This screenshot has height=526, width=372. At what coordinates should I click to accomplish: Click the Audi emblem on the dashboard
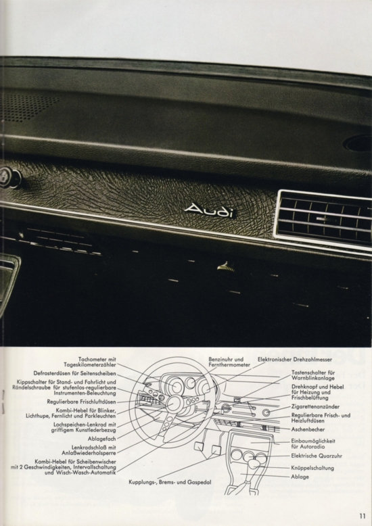[209, 211]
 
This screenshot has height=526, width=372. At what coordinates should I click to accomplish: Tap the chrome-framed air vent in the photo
[323, 219]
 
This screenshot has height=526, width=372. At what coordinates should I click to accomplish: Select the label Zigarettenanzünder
[315, 406]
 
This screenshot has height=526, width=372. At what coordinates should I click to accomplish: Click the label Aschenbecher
[308, 429]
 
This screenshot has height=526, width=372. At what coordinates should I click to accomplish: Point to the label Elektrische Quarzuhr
[317, 456]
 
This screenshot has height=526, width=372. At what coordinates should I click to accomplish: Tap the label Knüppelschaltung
[312, 468]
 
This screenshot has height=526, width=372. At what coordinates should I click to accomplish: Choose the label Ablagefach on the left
[101, 439]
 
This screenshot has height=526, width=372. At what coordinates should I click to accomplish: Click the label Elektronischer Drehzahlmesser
[295, 359]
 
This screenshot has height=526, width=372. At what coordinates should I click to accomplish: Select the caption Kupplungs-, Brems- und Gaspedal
[170, 482]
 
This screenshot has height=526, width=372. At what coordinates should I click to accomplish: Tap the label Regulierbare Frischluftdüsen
[81, 402]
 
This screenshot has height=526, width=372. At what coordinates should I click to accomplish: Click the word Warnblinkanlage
[313, 378]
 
